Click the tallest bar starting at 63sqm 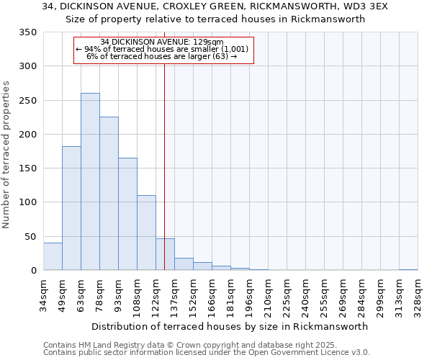pyautogui.click(x=90, y=181)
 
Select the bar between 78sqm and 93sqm pyautogui.click(x=109, y=194)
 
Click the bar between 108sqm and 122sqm pyautogui.click(x=146, y=233)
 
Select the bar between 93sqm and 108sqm pyautogui.click(x=127, y=214)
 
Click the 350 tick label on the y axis pyautogui.click(x=27, y=32)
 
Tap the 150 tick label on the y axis pyautogui.click(x=27, y=168)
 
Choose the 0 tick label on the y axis pyautogui.click(x=33, y=271)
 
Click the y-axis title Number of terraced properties pyautogui.click(x=7, y=154)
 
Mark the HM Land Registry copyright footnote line pyautogui.click(x=189, y=345)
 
